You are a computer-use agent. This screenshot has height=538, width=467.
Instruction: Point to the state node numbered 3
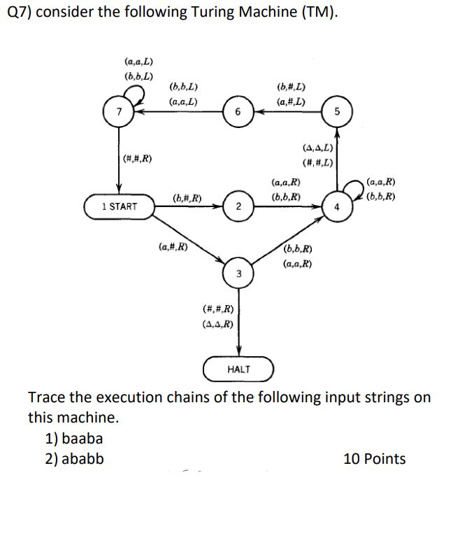[239, 273]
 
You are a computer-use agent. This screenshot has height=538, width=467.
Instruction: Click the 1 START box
[119, 206]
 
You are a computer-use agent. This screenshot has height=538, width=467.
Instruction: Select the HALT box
[238, 369]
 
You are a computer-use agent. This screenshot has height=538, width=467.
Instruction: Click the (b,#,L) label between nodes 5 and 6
[290, 87]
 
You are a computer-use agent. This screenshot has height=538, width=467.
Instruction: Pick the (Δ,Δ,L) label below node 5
[317, 148]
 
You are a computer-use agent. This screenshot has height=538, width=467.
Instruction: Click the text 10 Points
[374, 459]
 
